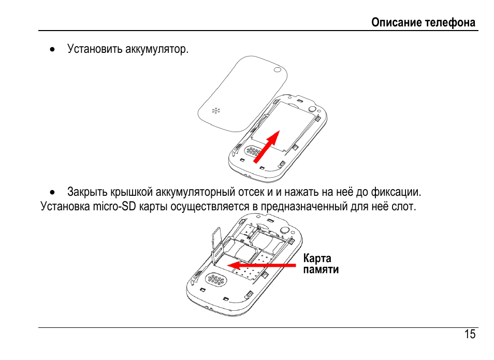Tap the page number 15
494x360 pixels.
(x=470, y=334)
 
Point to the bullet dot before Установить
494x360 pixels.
(x=53, y=50)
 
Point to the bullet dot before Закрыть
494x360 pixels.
(x=53, y=193)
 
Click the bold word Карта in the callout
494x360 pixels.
(x=317, y=258)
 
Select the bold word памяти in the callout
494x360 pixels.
(x=321, y=269)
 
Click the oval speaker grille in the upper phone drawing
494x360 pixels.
(x=252, y=151)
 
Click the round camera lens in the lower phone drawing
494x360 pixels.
(x=284, y=229)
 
